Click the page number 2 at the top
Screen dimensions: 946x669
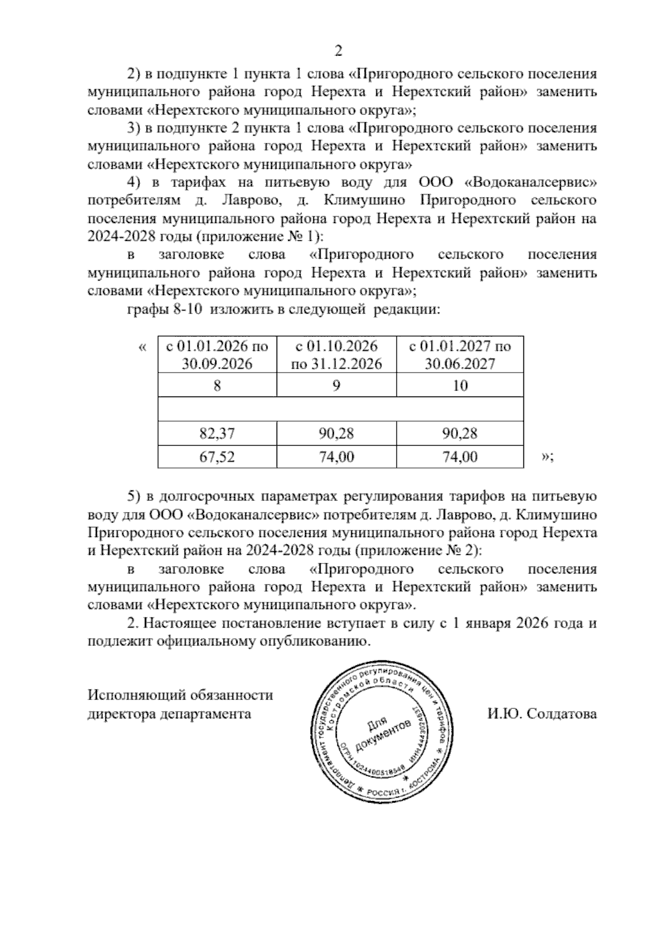(x=337, y=51)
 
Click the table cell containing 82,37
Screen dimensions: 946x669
(x=217, y=433)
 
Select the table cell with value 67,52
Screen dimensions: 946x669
(x=217, y=457)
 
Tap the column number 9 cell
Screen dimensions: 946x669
(x=336, y=385)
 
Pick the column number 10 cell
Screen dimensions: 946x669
(x=460, y=385)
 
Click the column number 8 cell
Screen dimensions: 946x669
(x=217, y=385)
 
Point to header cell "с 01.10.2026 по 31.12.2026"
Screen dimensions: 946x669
(x=336, y=355)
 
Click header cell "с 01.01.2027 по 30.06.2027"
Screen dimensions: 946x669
(x=460, y=355)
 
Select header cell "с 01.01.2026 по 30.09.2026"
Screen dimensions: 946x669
(x=217, y=355)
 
